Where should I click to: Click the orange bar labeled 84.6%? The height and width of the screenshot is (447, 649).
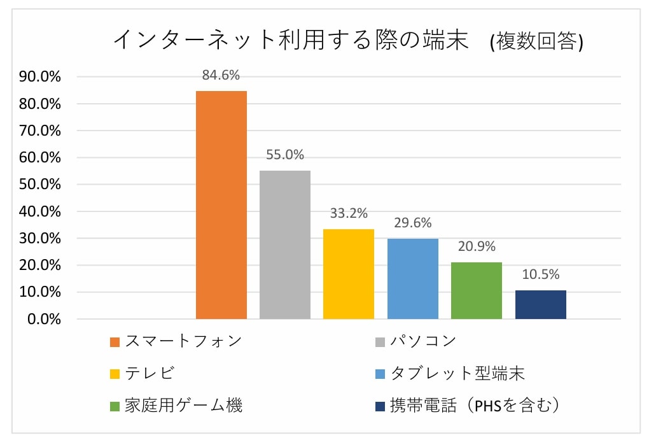click(221, 204)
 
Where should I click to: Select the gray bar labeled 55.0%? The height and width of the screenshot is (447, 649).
click(284, 245)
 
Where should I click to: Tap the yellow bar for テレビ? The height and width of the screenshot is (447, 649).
click(348, 274)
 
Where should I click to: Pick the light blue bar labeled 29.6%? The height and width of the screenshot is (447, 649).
click(412, 279)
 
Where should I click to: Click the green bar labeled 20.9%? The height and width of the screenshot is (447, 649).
click(476, 290)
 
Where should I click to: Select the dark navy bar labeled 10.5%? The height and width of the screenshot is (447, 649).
click(540, 304)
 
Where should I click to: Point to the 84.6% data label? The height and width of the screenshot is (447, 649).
click(221, 75)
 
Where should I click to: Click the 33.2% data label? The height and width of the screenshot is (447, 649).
click(348, 213)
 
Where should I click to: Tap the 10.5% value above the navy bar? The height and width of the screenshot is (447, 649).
click(540, 274)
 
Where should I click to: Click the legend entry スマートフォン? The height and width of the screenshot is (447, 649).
click(183, 341)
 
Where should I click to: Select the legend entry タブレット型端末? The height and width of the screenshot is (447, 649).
click(457, 373)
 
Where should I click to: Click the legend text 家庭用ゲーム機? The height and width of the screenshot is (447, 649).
click(183, 406)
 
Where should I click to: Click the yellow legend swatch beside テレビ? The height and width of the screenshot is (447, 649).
click(115, 374)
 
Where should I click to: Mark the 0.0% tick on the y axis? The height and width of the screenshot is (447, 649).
click(43, 319)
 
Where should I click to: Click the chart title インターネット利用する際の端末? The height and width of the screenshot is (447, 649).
click(290, 41)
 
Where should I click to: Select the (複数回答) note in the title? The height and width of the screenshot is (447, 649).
click(536, 42)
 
